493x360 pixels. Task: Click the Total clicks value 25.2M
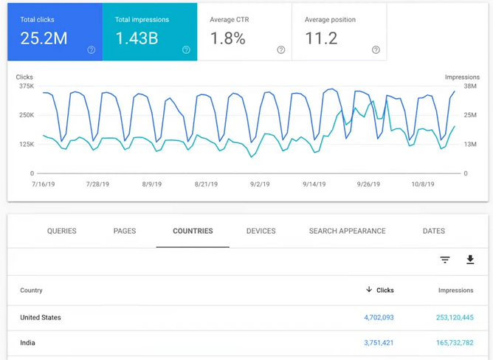[x=44, y=38]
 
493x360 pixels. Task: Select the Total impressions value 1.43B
[x=137, y=38]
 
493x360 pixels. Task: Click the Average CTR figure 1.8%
[x=228, y=38]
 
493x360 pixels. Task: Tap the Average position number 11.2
[x=321, y=38]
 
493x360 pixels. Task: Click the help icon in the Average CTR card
[x=281, y=50]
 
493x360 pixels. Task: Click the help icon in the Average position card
[x=376, y=50]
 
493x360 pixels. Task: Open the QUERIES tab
[x=62, y=231]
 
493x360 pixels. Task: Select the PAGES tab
[x=125, y=231]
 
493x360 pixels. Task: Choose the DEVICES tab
[x=261, y=231]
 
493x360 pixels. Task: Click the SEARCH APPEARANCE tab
[x=347, y=231]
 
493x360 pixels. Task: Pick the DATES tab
[x=434, y=231]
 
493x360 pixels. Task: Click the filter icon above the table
[x=445, y=260]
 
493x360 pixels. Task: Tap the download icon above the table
[x=470, y=260]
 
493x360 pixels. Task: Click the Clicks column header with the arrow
[x=380, y=290]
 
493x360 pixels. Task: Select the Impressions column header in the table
[x=455, y=291]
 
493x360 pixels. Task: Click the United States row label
[x=41, y=317]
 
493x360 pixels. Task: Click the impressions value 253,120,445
[x=455, y=317]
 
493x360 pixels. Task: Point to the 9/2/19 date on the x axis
[x=260, y=184]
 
